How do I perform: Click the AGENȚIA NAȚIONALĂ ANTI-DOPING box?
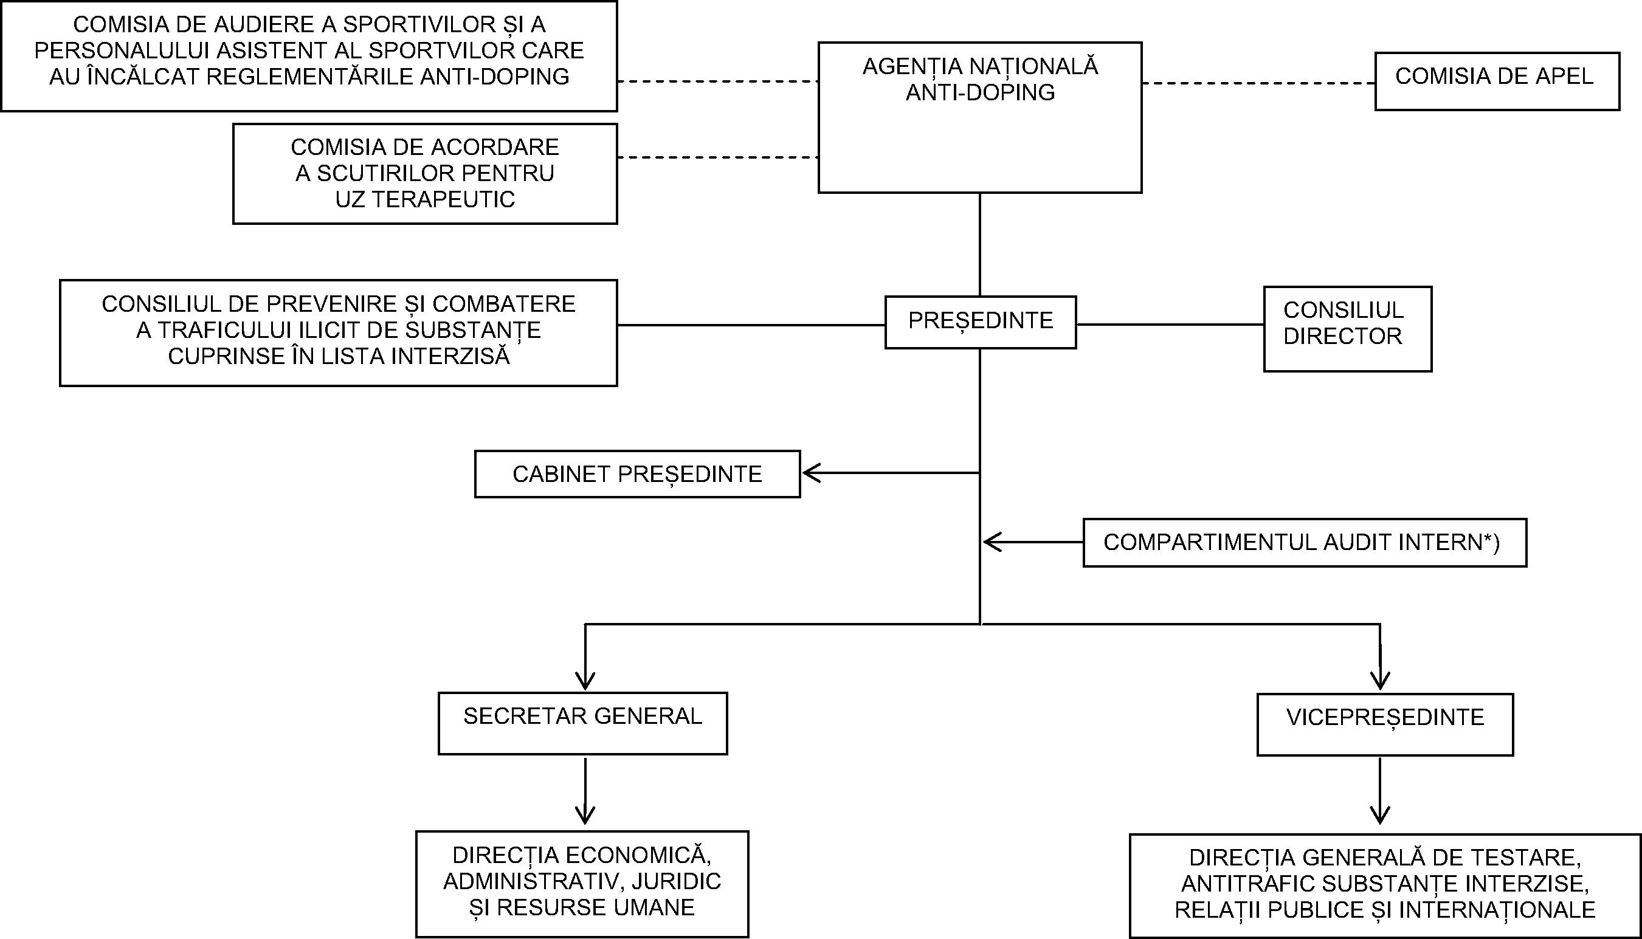click(979, 117)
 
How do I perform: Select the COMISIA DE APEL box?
click(1497, 81)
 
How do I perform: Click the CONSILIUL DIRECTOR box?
click(1347, 329)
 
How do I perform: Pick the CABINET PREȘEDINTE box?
click(637, 474)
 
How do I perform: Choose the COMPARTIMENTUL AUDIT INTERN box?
click(1304, 542)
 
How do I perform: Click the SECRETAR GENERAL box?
click(582, 723)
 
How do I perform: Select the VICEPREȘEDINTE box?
click(1385, 724)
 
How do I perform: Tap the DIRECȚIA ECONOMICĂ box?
click(582, 883)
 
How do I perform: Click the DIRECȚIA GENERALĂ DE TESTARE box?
click(1385, 886)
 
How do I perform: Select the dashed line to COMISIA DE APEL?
click(1258, 83)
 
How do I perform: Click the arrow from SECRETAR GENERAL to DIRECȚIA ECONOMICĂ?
click(585, 790)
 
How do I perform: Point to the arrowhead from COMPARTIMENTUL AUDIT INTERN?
click(991, 542)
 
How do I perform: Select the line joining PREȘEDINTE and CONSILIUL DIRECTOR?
click(1169, 325)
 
